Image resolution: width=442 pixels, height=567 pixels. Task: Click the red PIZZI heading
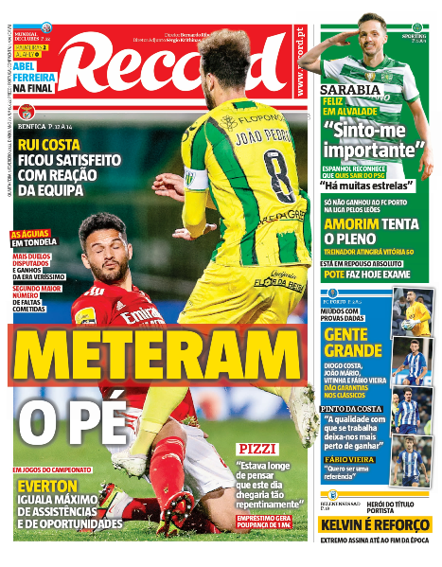[x=257, y=447]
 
